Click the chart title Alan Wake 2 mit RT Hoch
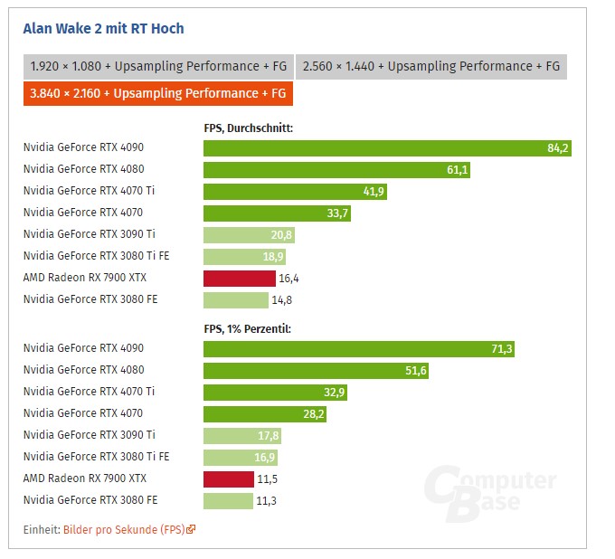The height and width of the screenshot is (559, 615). pos(103,28)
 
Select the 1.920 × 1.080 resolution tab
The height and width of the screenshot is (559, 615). pos(157,66)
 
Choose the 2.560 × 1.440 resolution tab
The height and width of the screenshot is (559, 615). pos(430,66)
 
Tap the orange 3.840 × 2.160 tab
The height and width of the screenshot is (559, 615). pos(158,93)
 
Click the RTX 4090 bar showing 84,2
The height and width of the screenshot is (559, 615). pos(387,147)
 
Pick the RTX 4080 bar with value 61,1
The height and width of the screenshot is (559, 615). pos(336,169)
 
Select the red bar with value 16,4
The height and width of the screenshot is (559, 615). pos(239,279)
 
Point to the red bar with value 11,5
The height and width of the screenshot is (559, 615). pos(228,479)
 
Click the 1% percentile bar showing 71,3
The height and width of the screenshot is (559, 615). pos(359,348)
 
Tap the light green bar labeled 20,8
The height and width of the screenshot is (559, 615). pos(249,235)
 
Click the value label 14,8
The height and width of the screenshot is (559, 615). pos(281,300)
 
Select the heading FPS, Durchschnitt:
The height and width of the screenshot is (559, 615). pos(248,128)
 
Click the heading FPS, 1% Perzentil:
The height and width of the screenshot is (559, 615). pos(247,329)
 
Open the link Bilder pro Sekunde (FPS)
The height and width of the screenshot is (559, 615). pos(123,529)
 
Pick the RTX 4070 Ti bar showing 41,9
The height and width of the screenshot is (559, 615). pos(295,192)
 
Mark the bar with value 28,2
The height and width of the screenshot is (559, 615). pos(264,414)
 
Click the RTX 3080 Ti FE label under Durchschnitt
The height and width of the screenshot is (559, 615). pos(96,256)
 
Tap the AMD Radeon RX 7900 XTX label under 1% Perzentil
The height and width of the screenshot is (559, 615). pos(85,478)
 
